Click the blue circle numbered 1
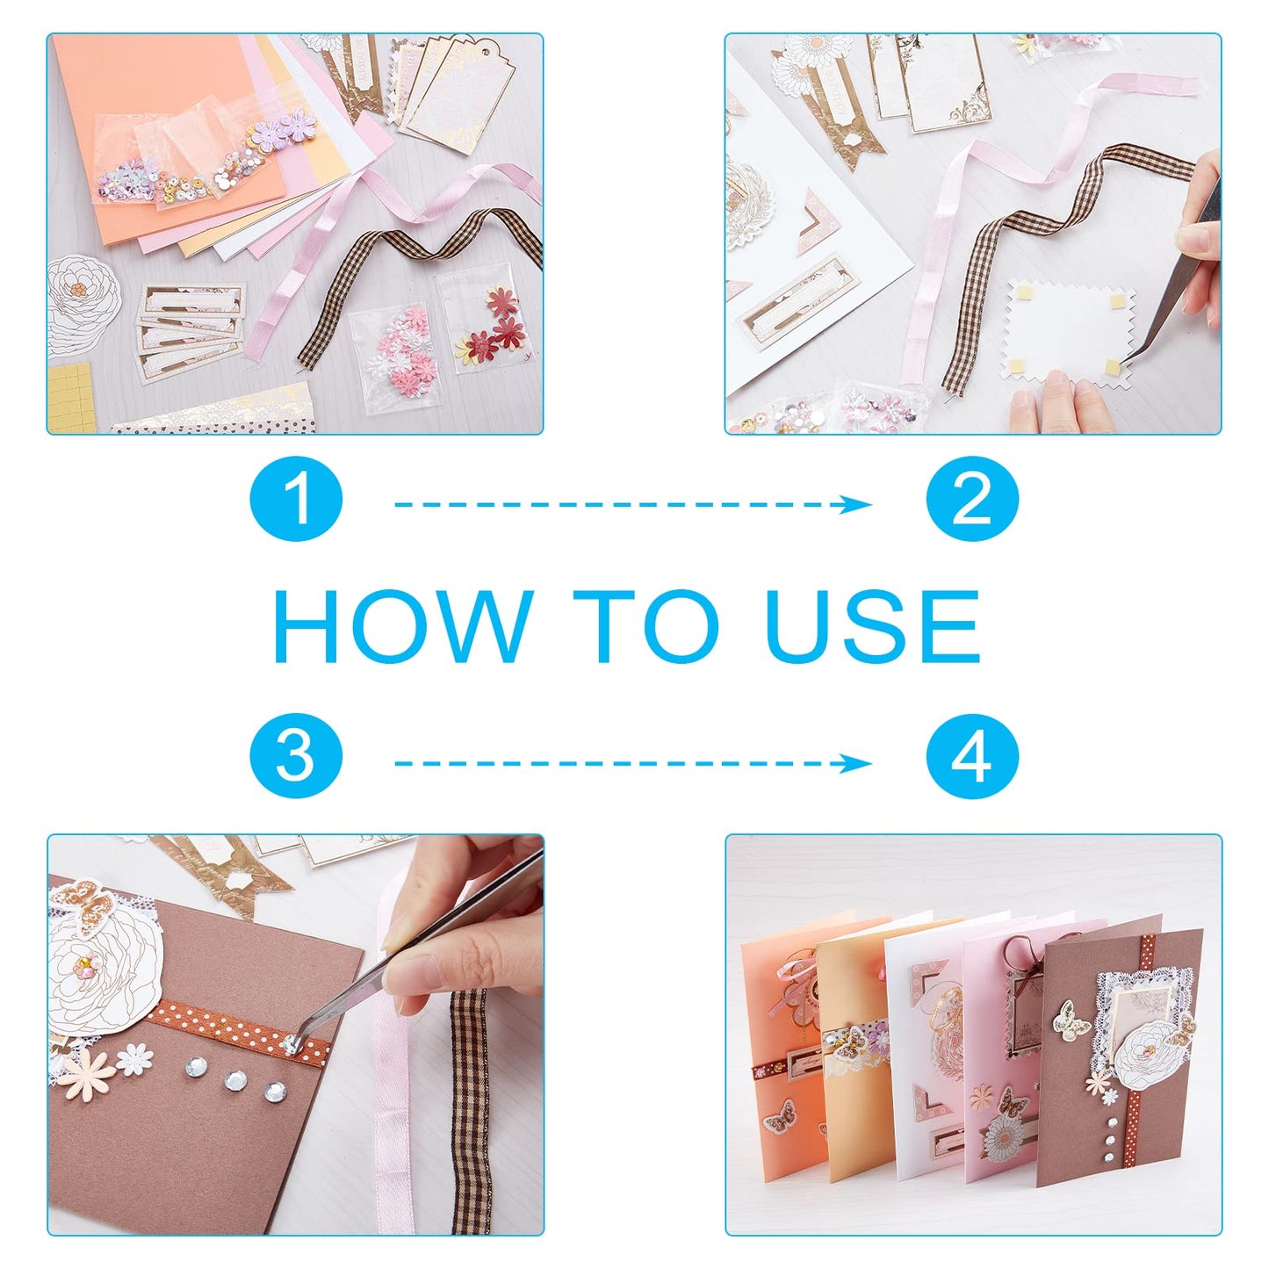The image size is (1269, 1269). (x=296, y=500)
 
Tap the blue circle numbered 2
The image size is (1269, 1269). (x=972, y=500)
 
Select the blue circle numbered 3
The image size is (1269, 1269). (x=296, y=756)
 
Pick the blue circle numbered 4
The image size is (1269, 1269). (x=972, y=756)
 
